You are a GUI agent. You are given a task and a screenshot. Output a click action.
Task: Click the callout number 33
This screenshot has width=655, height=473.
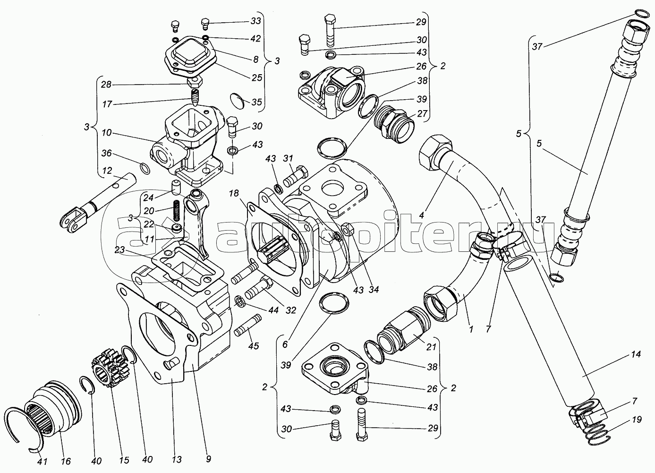[255, 21]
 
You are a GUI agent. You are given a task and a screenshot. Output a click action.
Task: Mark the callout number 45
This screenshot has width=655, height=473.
[254, 346]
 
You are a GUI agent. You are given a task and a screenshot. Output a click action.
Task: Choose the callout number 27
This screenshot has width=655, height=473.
[422, 114]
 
